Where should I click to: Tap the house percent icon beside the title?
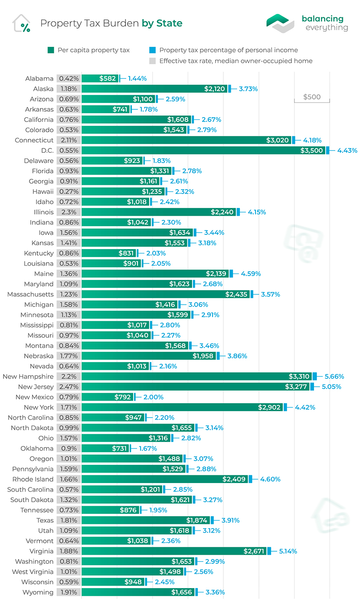22,23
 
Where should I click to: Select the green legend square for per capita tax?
50,50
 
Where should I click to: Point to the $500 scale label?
312,97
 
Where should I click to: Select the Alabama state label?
39,79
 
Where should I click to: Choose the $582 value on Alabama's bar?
108,79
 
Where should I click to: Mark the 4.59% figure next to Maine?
249,274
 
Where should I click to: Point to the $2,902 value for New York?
269,407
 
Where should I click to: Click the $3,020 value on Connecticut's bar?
278,140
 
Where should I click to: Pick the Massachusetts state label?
30,294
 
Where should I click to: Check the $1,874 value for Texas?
196,520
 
